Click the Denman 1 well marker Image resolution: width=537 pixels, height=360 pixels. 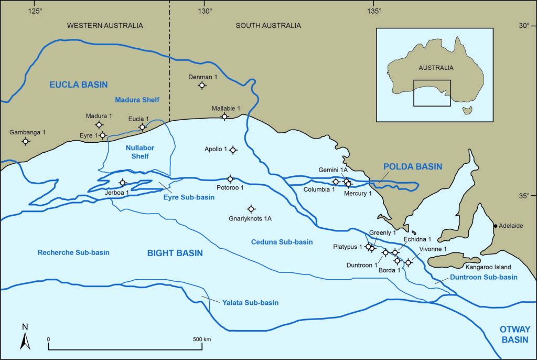click(x=202, y=86)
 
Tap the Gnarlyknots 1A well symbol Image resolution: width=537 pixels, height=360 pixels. click(x=251, y=209)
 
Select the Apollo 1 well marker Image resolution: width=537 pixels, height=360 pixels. click(x=233, y=150)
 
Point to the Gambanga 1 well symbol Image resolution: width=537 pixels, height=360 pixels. click(x=25, y=141)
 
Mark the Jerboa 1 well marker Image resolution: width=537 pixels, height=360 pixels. click(x=123, y=183)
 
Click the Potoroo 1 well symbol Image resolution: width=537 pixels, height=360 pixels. click(x=230, y=179)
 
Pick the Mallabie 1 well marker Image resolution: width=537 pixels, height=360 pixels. click(x=224, y=117)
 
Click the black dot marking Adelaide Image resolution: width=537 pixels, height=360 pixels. click(x=496, y=226)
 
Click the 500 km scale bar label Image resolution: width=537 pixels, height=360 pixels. click(x=201, y=340)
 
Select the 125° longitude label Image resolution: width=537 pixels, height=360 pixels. click(x=35, y=11)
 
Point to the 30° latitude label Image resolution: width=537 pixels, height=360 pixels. click(x=524, y=25)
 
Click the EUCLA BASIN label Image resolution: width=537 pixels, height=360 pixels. click(x=78, y=84)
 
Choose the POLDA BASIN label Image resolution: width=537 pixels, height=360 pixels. click(x=413, y=166)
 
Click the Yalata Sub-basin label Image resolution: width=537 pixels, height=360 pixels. click(x=250, y=303)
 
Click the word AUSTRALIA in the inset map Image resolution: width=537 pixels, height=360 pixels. click(x=436, y=68)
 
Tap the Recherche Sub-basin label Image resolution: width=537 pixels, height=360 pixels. click(x=73, y=252)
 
